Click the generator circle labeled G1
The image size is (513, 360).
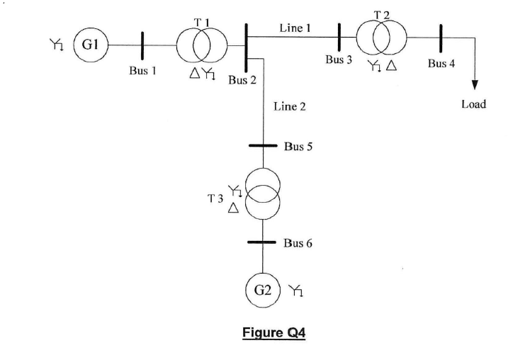pyautogui.click(x=89, y=45)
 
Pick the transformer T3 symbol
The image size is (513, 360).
pyautogui.click(x=263, y=192)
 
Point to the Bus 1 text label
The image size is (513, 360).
pyautogui.click(x=142, y=72)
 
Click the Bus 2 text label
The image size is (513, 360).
pyautogui.click(x=242, y=79)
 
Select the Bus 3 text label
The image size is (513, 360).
pyautogui.click(x=339, y=60)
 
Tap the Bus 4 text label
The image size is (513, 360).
pyautogui.click(x=441, y=64)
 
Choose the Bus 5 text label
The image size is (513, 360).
pyautogui.click(x=298, y=147)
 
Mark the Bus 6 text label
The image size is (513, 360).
pyautogui.click(x=298, y=243)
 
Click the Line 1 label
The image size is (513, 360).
pyautogui.click(x=295, y=28)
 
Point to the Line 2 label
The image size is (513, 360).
pyautogui.click(x=289, y=107)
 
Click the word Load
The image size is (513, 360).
pyautogui.click(x=474, y=104)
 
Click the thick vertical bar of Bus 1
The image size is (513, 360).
pyautogui.click(x=142, y=45)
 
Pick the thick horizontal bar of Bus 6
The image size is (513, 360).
pyautogui.click(x=263, y=242)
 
